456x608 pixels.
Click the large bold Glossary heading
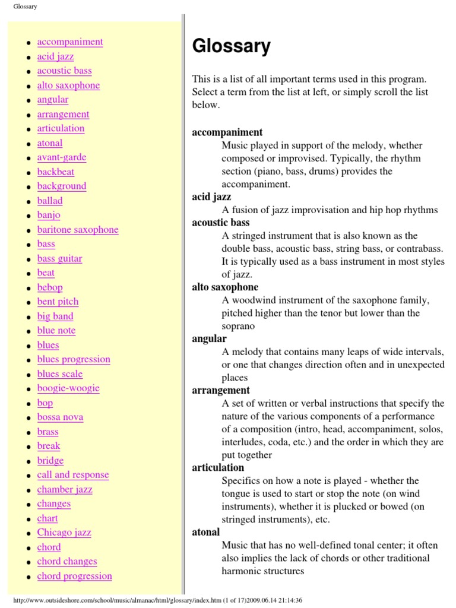point(231,46)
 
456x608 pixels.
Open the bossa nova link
point(60,417)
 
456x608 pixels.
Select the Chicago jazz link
point(64,532)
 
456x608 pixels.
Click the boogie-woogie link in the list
point(68,388)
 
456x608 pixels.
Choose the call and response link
point(73,474)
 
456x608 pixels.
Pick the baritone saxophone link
point(78,230)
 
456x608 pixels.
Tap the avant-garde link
point(62,157)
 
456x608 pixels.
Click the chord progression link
point(74,575)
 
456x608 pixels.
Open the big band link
point(55,316)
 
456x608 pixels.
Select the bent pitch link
point(58,302)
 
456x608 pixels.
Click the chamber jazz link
point(65,489)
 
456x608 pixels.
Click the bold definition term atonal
point(205,532)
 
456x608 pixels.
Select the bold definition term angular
point(209,338)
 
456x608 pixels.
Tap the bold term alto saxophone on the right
point(225,287)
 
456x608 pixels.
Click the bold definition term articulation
point(218,467)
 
